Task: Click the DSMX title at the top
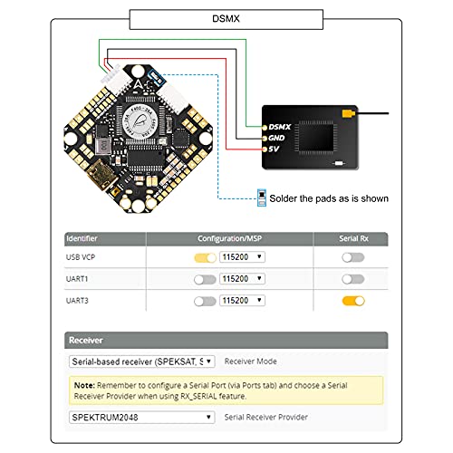(x=226, y=16)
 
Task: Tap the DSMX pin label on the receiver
(x=278, y=126)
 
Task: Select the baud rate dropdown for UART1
(x=242, y=278)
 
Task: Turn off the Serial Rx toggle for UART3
(x=352, y=300)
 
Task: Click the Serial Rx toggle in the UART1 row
(x=352, y=278)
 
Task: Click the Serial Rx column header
(x=352, y=239)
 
